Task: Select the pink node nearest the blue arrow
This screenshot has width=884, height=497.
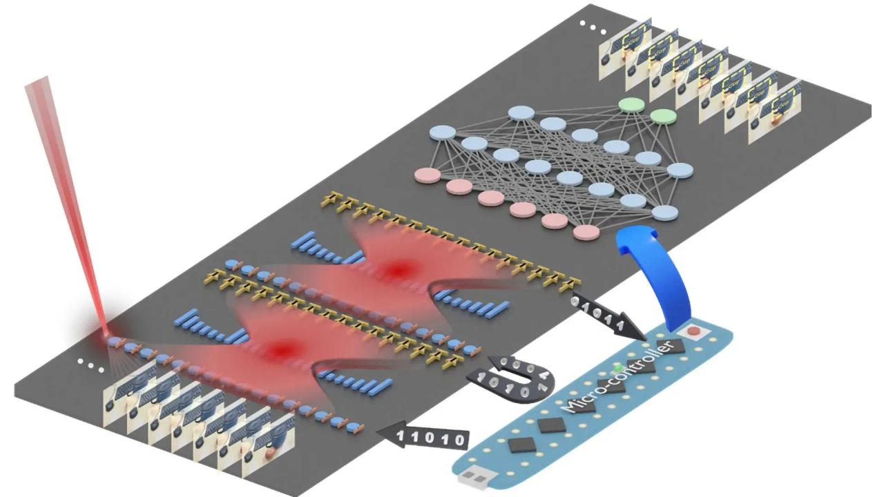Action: [586, 232]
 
